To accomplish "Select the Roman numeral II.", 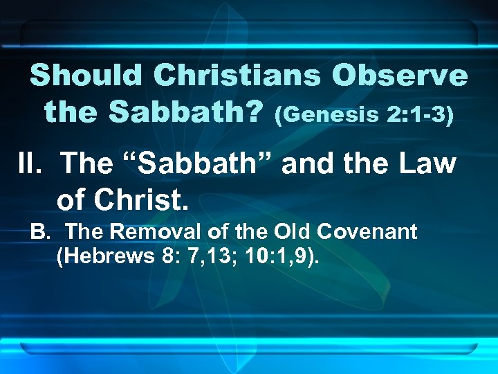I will (x=30, y=164).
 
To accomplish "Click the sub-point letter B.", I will (x=39, y=231).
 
